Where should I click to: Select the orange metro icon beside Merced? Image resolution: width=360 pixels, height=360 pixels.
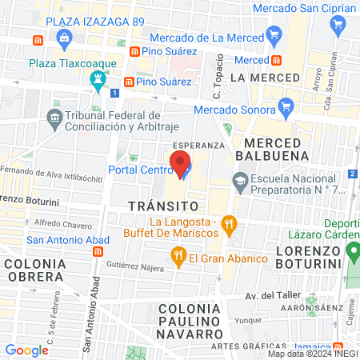click(x=275, y=60)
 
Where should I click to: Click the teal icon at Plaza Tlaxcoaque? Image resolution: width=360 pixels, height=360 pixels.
click(x=98, y=78)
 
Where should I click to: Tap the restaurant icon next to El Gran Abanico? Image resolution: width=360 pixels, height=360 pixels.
click(x=178, y=258)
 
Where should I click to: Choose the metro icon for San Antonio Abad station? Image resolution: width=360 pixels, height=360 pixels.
click(x=97, y=251)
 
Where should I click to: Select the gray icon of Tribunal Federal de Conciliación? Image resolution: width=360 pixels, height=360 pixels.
click(x=54, y=118)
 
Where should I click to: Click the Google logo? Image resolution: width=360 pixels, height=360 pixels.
click(x=27, y=350)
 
